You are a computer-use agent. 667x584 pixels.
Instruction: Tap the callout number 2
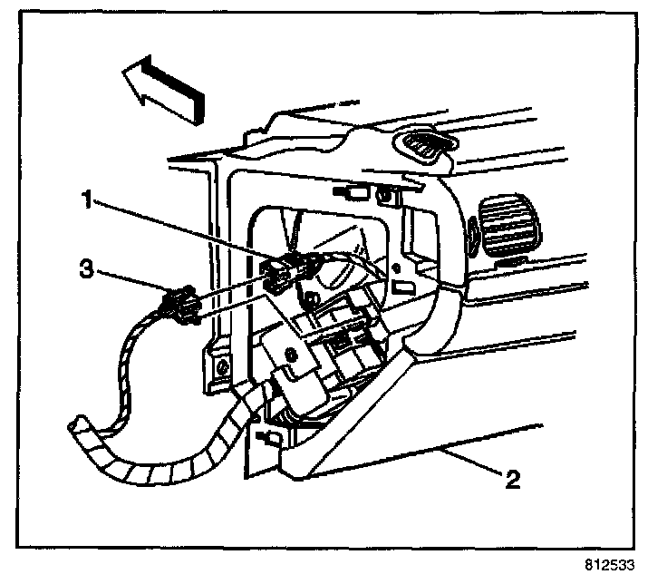[x=512, y=478]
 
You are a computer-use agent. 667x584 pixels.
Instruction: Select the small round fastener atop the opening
[x=386, y=193]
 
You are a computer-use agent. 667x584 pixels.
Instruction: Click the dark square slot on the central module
[x=339, y=341]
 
